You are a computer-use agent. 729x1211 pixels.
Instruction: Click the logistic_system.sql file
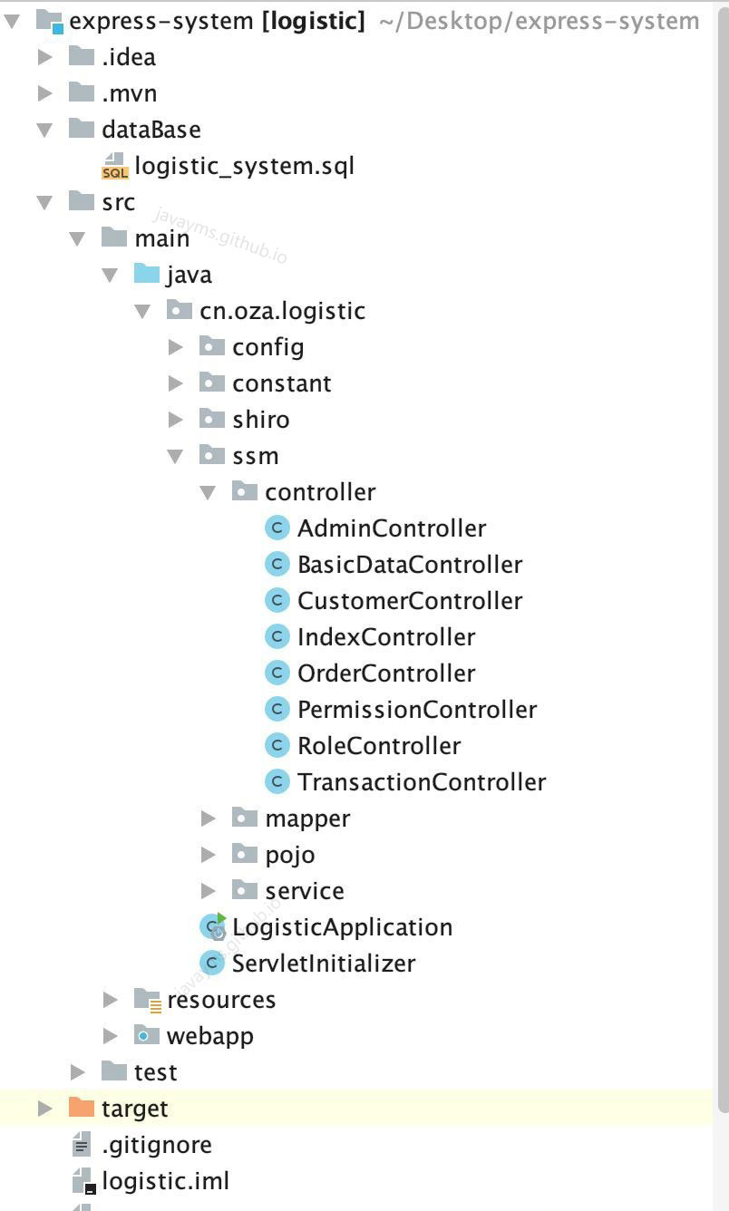tap(243, 166)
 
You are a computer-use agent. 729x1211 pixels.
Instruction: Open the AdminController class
tap(391, 528)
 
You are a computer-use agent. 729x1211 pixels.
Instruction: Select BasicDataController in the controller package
tap(409, 565)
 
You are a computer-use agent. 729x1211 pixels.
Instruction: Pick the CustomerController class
tap(409, 601)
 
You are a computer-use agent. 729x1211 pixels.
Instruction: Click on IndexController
tap(385, 637)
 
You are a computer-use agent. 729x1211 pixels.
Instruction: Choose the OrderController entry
tap(385, 673)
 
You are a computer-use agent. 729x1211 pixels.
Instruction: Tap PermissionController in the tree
tap(416, 710)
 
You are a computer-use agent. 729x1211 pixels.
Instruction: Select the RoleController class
tap(378, 746)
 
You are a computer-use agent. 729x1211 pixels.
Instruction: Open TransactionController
tap(421, 782)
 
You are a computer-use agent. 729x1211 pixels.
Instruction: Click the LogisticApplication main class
tap(341, 927)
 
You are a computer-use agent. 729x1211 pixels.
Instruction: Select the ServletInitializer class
tap(323, 964)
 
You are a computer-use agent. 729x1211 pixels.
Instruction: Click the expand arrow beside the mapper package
tap(209, 819)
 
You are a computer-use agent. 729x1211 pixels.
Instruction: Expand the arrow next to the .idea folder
tap(44, 57)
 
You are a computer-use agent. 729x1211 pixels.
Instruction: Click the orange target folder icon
tap(82, 1108)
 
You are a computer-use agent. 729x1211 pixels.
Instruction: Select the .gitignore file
tap(156, 1145)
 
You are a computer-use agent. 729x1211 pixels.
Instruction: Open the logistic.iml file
tap(165, 1181)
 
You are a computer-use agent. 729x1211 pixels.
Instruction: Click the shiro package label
tap(260, 420)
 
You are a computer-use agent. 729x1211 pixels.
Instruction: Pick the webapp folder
tap(209, 1036)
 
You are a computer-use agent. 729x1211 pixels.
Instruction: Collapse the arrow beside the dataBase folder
tap(44, 130)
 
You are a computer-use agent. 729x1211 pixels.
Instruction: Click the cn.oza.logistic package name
tap(282, 311)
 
